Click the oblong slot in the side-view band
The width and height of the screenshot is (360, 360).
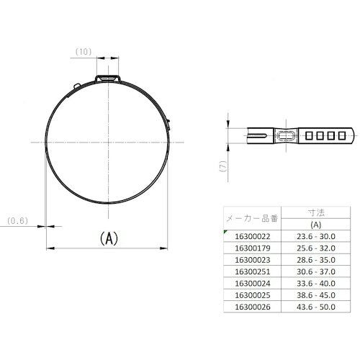point(284,135)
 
